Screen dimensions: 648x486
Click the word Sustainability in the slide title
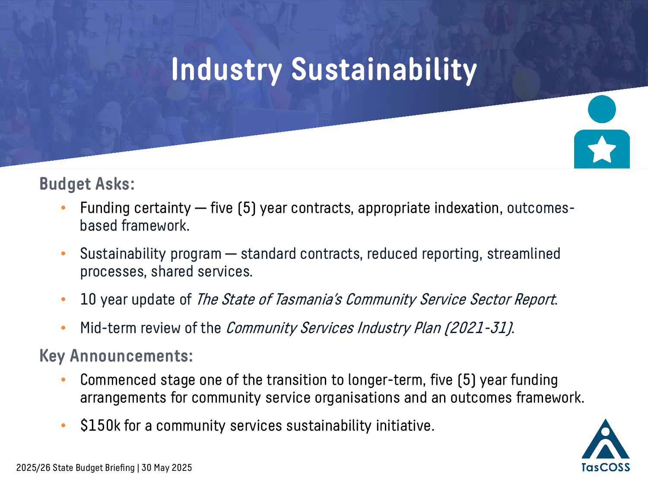384,70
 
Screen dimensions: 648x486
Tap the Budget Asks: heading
87,184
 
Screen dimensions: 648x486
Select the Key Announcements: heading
116,356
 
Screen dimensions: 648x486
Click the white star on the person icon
602,149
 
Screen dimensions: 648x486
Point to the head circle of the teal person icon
602,109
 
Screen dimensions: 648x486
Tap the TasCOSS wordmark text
606,467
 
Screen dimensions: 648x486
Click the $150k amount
100,426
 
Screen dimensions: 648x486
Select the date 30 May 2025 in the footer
167,468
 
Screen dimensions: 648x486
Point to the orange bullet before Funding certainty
63,208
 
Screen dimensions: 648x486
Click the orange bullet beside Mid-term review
63,328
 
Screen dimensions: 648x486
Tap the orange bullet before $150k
63,426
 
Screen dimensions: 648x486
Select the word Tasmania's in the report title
308,299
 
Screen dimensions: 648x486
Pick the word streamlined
524,254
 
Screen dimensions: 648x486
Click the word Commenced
118,380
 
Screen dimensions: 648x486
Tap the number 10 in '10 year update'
88,299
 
